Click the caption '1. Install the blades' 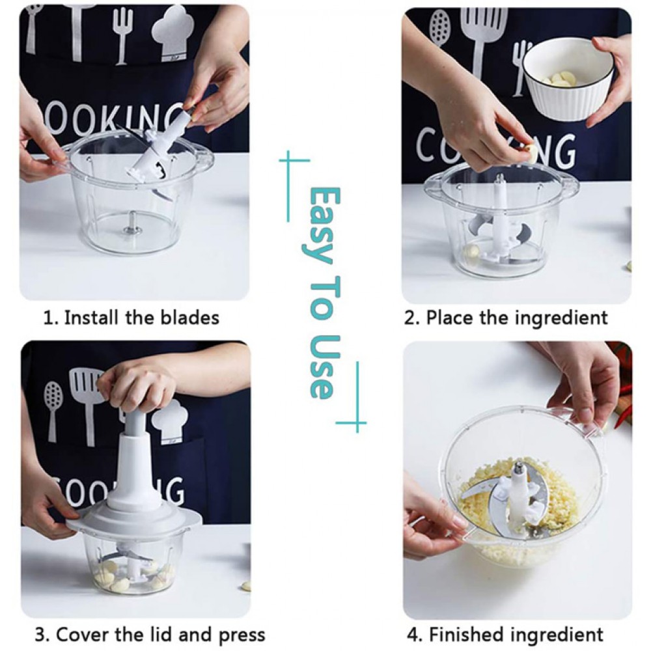point(132,318)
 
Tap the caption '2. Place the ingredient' point(506,318)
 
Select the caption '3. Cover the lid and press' point(150,635)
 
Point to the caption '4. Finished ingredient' point(505,635)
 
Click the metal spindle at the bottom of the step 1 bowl point(132,222)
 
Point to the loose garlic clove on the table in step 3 point(246,587)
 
